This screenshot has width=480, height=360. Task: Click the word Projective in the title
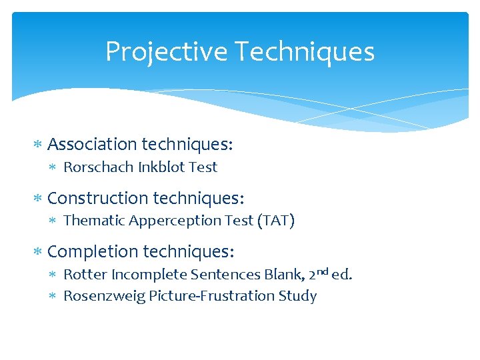(x=158, y=52)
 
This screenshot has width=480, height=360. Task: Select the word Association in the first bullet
(x=93, y=145)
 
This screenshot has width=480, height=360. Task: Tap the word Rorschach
(x=98, y=167)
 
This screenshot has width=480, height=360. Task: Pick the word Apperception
(x=169, y=221)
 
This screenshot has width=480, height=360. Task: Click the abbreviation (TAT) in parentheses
(x=275, y=221)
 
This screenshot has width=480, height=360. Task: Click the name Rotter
(x=85, y=275)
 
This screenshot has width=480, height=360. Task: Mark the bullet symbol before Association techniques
(x=38, y=145)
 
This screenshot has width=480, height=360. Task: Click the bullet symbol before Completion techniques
(x=38, y=253)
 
